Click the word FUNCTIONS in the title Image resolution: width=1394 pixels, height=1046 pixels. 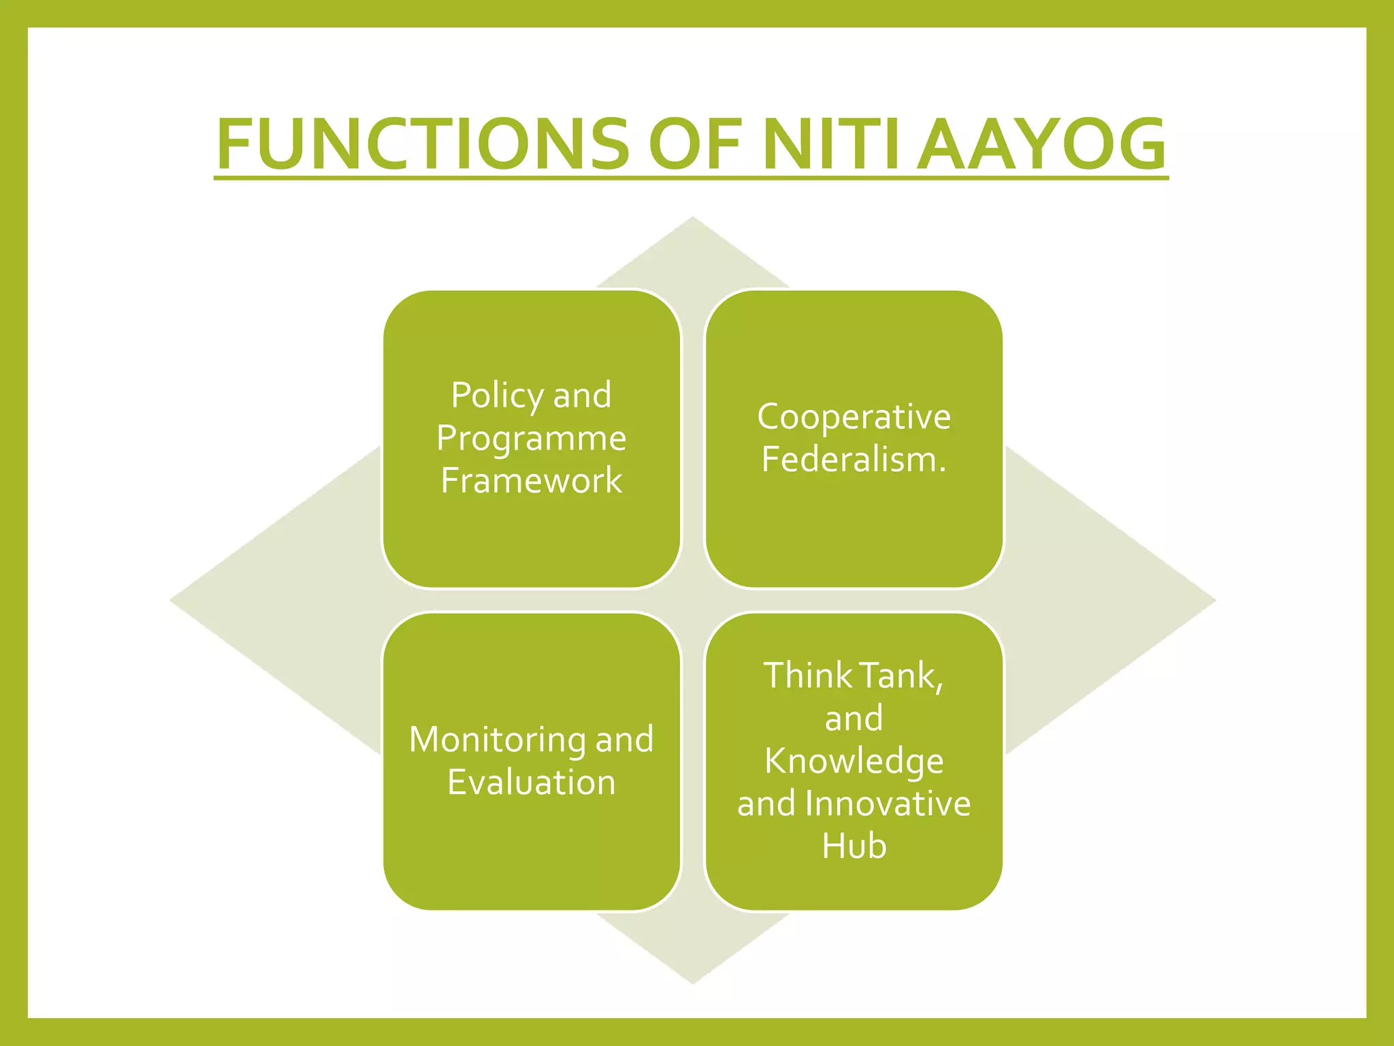(423, 144)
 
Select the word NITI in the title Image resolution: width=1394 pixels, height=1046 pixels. (835, 144)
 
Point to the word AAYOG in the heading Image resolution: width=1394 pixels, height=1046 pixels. (1041, 144)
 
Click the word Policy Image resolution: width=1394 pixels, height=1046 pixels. (497, 396)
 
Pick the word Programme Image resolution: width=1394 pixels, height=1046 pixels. (531, 439)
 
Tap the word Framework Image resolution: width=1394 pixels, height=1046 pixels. (531, 481)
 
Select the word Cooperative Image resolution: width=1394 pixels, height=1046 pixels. (854, 417)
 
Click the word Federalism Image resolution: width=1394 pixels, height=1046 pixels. (854, 460)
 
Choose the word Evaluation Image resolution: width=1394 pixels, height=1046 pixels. (531, 782)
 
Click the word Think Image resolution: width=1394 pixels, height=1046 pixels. (807, 676)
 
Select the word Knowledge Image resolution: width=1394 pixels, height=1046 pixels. (854, 762)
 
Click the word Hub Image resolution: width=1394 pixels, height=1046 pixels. (854, 846)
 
